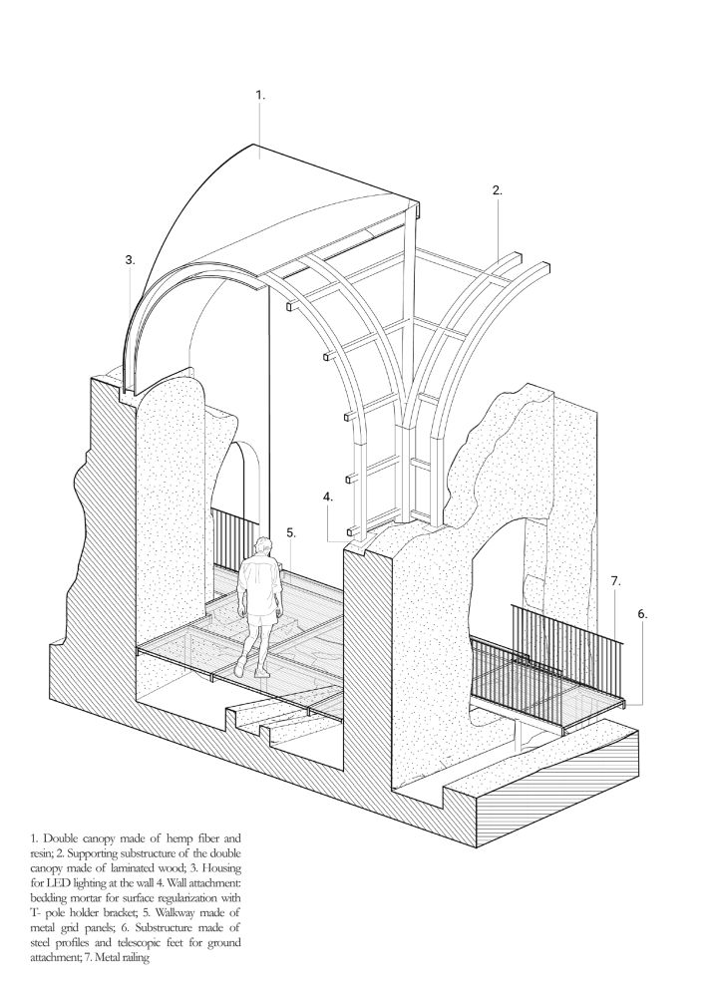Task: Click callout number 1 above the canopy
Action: (259, 96)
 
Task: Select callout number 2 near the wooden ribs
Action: (497, 189)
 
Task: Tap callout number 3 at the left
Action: (130, 259)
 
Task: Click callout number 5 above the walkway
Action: (290, 532)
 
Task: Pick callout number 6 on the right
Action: (642, 613)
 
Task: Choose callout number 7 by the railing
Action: (615, 580)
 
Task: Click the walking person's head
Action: (263, 546)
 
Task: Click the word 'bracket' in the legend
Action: (133, 912)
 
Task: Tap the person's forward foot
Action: (259, 671)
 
